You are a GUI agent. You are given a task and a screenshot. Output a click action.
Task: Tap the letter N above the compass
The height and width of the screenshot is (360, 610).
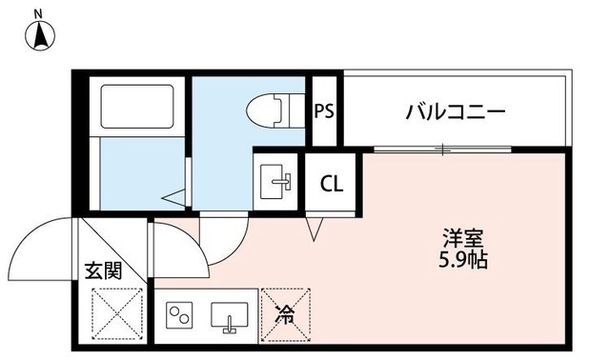pyautogui.click(x=38, y=12)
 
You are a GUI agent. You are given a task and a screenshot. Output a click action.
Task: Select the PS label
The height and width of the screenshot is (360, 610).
pyautogui.click(x=324, y=111)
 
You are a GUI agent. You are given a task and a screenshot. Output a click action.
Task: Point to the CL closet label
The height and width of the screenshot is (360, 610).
pyautogui.click(x=332, y=182)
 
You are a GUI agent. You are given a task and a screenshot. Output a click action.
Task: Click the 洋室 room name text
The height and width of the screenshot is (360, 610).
pyautogui.click(x=464, y=236)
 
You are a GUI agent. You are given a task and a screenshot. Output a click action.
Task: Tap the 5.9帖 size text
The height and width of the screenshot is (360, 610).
pyautogui.click(x=464, y=259)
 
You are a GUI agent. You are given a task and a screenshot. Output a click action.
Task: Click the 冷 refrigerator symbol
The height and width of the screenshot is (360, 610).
pyautogui.click(x=285, y=311)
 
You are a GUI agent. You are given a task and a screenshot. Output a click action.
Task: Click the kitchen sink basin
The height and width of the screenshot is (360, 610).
pyautogui.click(x=230, y=313)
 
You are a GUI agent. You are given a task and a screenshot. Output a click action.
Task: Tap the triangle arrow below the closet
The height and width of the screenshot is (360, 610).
pyautogui.click(x=315, y=230)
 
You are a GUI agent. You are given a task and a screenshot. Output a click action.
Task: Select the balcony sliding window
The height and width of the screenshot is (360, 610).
pyautogui.click(x=441, y=150)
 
